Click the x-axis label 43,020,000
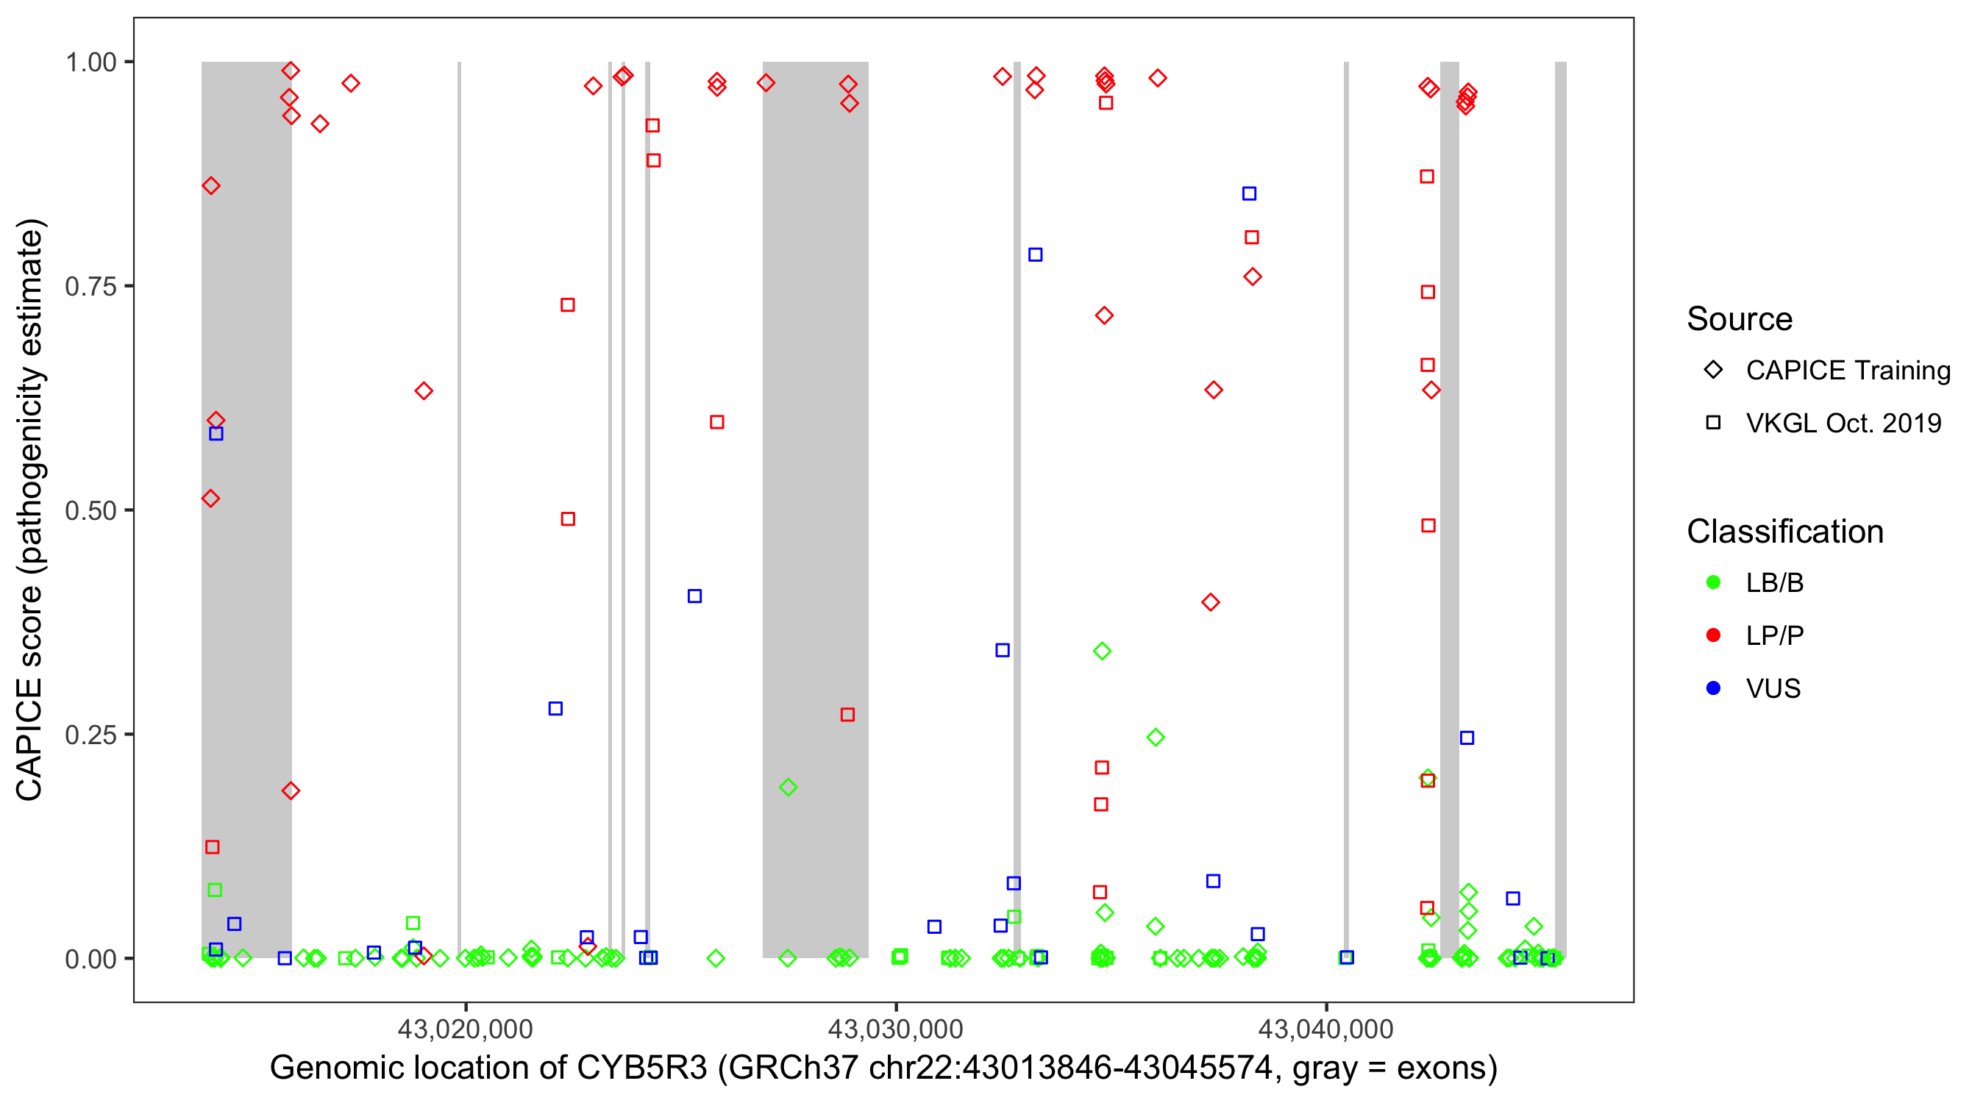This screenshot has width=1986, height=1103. (465, 1029)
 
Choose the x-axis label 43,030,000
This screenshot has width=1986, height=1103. (895, 1029)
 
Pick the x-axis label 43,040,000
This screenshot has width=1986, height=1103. (1325, 1029)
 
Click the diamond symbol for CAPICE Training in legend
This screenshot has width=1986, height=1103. (1713, 370)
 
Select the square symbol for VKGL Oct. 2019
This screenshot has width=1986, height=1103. (1713, 422)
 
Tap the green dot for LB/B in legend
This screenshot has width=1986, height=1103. (1713, 582)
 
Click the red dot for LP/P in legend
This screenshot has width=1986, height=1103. (1713, 635)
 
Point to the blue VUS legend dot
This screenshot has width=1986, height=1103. (1713, 688)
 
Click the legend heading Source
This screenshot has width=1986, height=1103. (1740, 319)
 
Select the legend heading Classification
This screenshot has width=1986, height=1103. (1784, 532)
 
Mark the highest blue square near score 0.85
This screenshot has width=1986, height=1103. (1249, 193)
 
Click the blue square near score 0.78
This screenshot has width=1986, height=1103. (1036, 254)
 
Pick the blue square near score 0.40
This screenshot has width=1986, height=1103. (694, 596)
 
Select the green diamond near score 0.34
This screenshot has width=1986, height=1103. (1103, 652)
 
